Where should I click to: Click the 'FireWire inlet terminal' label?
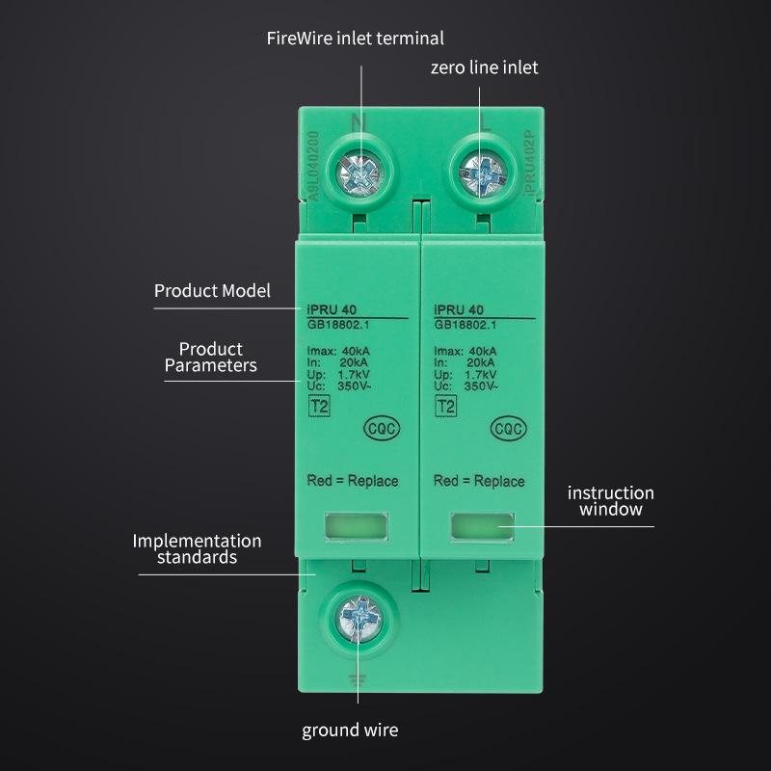pyautogui.click(x=355, y=39)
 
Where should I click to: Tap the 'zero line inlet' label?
pyautogui.click(x=484, y=67)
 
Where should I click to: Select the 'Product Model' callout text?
pyautogui.click(x=212, y=290)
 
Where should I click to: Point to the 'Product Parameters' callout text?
pyautogui.click(x=211, y=357)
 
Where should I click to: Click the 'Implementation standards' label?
pyautogui.click(x=197, y=548)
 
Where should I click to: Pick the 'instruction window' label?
pyautogui.click(x=611, y=500)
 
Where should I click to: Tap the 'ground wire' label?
pyautogui.click(x=350, y=730)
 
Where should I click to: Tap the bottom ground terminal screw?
pyautogui.click(x=359, y=618)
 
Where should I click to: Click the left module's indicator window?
pyautogui.click(x=356, y=525)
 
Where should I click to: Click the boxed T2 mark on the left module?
pyautogui.click(x=318, y=407)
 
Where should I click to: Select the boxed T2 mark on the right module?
pyautogui.click(x=445, y=407)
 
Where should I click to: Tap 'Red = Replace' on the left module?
pyautogui.click(x=352, y=481)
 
